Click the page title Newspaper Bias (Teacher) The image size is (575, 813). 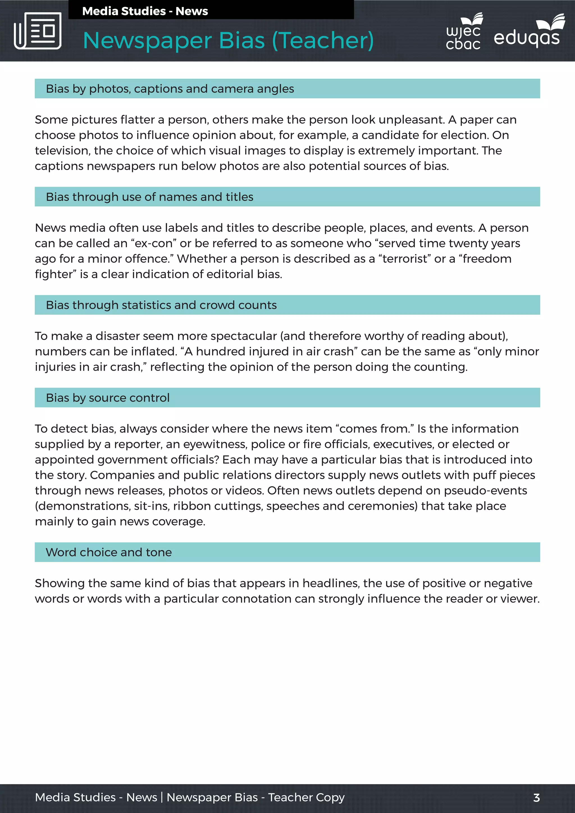click(x=228, y=40)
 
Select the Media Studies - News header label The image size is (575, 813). click(x=145, y=11)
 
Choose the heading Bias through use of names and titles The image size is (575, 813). click(x=149, y=197)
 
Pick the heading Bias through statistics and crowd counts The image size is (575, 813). click(x=161, y=305)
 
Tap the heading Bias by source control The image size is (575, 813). click(x=108, y=398)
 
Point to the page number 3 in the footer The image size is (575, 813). click(x=536, y=798)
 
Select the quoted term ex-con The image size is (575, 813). click(x=154, y=243)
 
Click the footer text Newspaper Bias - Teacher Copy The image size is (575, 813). click(x=255, y=798)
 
